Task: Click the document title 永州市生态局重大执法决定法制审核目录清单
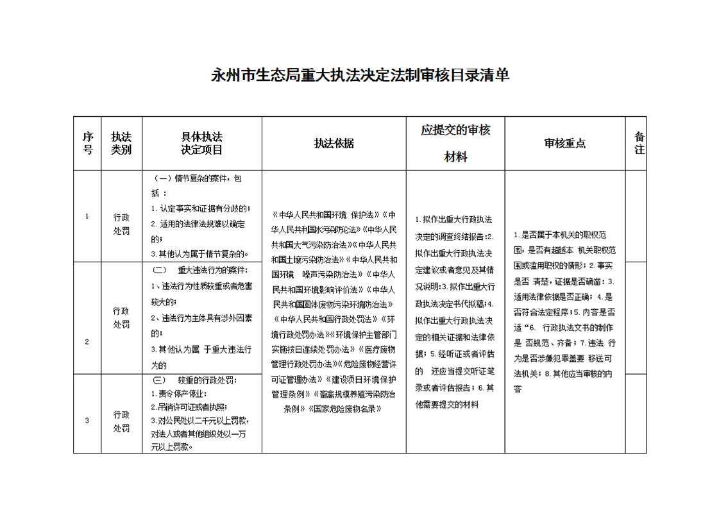click(x=360, y=76)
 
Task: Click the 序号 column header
click(x=88, y=144)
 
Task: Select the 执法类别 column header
click(x=121, y=144)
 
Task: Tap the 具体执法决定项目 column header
click(x=202, y=144)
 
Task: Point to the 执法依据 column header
click(x=334, y=144)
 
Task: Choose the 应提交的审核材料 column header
click(x=455, y=144)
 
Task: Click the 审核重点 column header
click(x=564, y=144)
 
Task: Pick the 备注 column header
click(x=639, y=142)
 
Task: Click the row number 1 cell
click(x=87, y=216)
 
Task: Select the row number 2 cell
click(x=87, y=341)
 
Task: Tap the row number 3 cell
click(x=87, y=420)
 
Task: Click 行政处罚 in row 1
click(x=121, y=224)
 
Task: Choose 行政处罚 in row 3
click(x=121, y=421)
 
